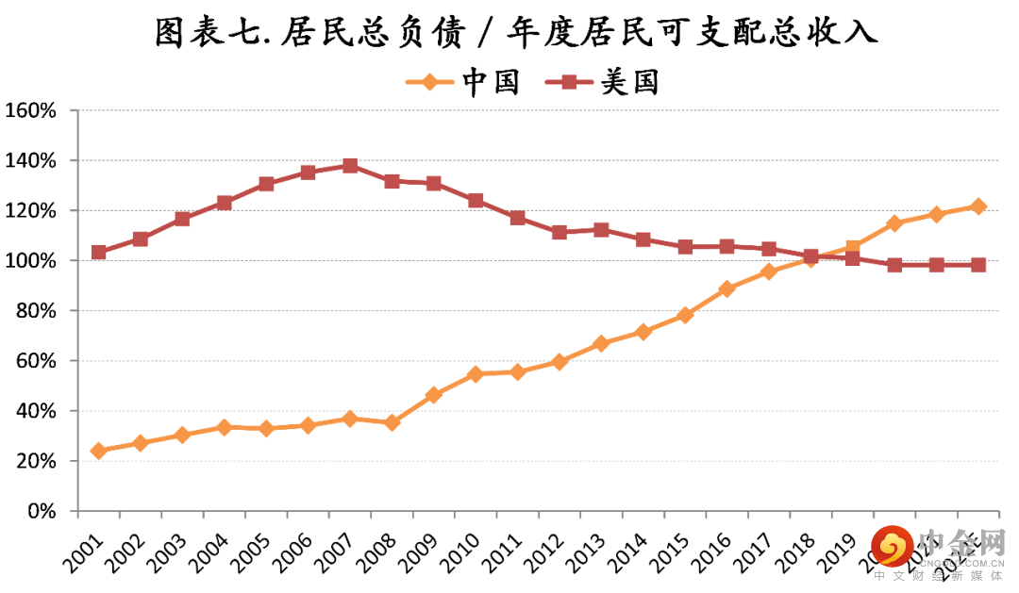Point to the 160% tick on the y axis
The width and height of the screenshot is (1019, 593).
point(32,110)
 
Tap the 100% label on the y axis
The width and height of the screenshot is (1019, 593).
point(32,260)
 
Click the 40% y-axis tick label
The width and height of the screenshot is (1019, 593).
point(37,411)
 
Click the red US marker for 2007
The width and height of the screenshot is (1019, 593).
point(350,166)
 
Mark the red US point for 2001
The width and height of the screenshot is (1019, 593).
point(99,252)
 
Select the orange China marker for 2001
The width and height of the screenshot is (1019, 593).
point(99,451)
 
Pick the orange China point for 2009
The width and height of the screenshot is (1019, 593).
point(434,395)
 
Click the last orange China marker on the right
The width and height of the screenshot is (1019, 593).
point(978,206)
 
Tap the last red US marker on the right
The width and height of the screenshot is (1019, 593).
point(978,265)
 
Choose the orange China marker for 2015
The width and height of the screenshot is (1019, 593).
point(685,315)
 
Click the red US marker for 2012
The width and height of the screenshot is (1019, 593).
point(560,232)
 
